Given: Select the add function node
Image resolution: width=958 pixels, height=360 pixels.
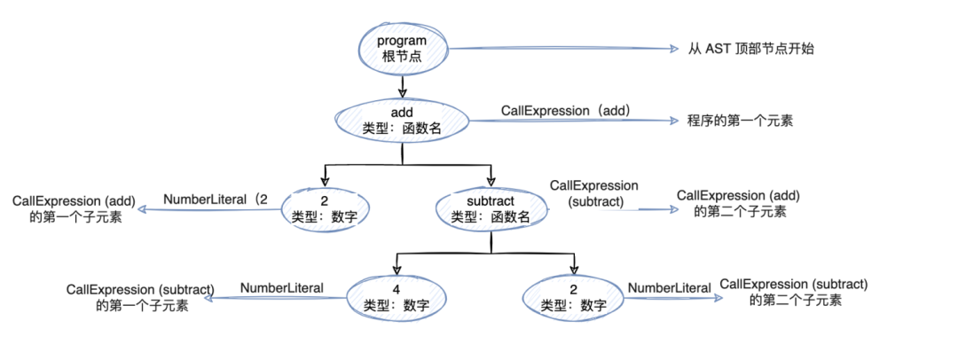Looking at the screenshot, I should coord(403,121).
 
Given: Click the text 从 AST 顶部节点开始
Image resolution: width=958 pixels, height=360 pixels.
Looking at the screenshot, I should coord(750,50).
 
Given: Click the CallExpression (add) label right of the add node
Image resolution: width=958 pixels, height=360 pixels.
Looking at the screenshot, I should coord(565,111).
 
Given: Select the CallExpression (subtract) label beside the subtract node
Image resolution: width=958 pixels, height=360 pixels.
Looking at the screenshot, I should coord(594,193).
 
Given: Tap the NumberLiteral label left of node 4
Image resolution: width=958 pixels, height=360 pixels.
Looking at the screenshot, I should coord(281,288).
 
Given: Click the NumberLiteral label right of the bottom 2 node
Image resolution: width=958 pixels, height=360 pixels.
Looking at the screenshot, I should coord(669,288).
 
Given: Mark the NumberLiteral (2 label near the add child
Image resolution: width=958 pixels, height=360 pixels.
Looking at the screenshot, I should coord(214,200).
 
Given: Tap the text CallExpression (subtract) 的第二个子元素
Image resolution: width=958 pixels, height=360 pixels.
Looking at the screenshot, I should coord(793,292).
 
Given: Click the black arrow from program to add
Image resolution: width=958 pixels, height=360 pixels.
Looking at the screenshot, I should coord(403,87).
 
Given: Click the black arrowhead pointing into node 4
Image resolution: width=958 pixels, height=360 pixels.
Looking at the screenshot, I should coord(397,270).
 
